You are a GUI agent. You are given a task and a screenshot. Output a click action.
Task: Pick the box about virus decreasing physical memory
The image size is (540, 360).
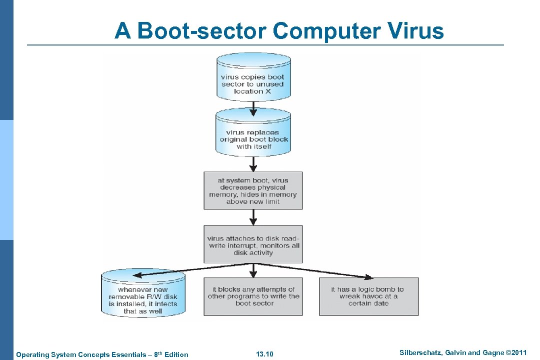point(253,190)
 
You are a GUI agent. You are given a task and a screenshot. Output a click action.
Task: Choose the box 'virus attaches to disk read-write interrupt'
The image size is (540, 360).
point(253,244)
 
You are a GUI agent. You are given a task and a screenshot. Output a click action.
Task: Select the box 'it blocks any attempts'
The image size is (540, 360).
point(253,296)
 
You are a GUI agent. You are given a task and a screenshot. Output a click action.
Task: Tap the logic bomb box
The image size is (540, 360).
point(368,296)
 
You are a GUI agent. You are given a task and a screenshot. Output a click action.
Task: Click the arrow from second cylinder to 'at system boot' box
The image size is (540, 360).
point(253,163)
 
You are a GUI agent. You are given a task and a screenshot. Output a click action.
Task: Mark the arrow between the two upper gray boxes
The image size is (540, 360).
point(253,217)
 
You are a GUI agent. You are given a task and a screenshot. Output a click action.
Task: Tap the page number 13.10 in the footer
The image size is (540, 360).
point(264,354)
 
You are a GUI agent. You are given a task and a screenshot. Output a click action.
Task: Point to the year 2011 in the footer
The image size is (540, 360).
point(518,353)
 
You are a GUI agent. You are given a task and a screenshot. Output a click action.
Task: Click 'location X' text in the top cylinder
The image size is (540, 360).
point(252,91)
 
